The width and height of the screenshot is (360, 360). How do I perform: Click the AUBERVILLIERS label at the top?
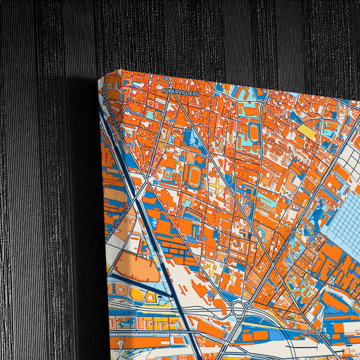pyautogui.click(x=180, y=90)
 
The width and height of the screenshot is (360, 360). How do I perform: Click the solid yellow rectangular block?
pyautogui.click(x=307, y=131)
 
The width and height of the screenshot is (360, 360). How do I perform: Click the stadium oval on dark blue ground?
pyautogui.click(x=197, y=176)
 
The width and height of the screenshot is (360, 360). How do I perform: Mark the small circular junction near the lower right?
pyautogui.click(x=317, y=332)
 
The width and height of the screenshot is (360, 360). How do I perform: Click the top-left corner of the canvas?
pyautogui.click(x=101, y=79)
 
